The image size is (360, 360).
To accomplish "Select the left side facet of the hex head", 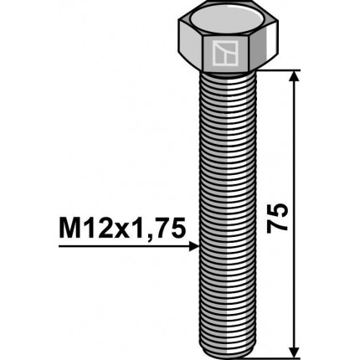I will pyautogui.click(x=190, y=51).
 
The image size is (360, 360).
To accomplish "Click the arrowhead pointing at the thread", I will pyautogui.click(x=194, y=246).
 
